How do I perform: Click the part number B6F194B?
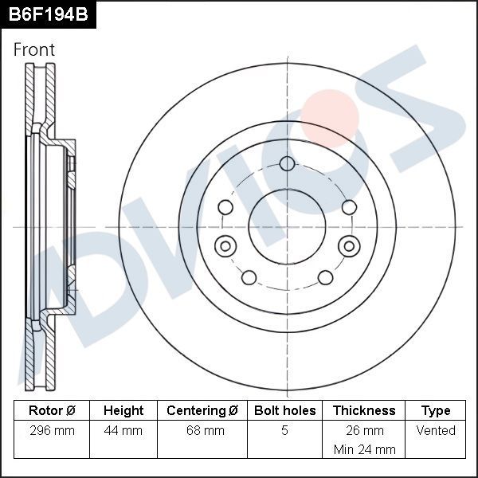47,14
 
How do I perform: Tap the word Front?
34,49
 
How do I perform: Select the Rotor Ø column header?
52,411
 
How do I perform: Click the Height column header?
123,411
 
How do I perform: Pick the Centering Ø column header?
202,411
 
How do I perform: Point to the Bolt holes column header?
284,411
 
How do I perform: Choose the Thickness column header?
364,411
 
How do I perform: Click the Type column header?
436,411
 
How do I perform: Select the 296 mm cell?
52,431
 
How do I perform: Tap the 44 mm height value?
123,431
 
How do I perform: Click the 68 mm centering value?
202,431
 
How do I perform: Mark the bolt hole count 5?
284,431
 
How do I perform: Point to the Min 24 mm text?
364,449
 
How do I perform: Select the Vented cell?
436,431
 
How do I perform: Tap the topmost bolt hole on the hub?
287,164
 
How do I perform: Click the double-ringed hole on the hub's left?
225,245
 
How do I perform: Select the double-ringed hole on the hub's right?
348,245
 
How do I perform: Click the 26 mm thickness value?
364,431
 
